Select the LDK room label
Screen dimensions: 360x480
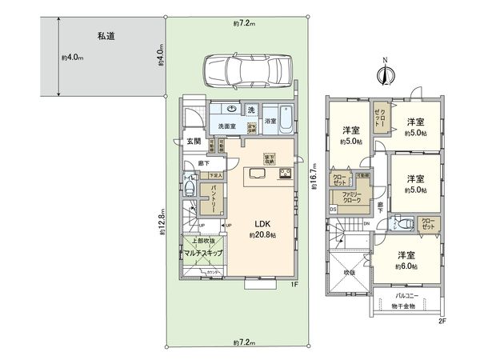[x=262, y=225]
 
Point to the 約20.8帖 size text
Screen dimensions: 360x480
[x=262, y=236]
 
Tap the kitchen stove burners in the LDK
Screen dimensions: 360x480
[x=284, y=174]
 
